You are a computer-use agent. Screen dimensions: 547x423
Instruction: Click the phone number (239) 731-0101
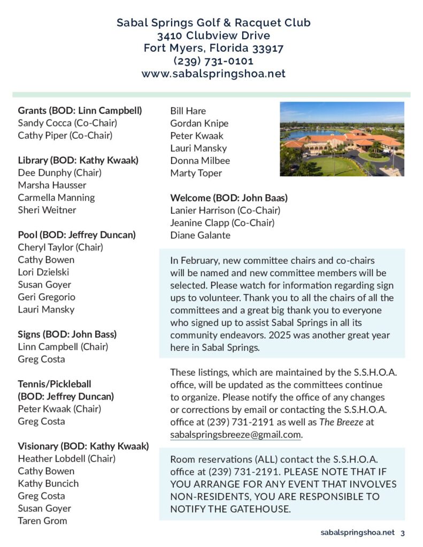(213, 61)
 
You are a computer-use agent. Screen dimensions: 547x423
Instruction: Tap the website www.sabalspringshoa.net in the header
(213, 74)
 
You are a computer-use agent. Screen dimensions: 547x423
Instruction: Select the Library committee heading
(78, 160)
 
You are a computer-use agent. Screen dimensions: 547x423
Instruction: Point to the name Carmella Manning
(56, 197)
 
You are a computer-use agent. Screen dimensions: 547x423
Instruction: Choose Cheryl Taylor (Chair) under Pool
(60, 247)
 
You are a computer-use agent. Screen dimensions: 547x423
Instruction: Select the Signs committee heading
(67, 334)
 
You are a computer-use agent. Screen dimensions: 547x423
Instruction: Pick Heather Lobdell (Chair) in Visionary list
(66, 458)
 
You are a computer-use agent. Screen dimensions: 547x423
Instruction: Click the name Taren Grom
(42, 520)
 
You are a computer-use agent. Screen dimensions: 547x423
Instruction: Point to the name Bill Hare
(188, 111)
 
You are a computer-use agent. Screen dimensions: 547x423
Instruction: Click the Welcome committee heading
(229, 198)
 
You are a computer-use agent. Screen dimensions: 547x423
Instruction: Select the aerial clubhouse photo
(342, 139)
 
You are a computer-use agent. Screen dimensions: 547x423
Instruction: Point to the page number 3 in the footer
(402, 533)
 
